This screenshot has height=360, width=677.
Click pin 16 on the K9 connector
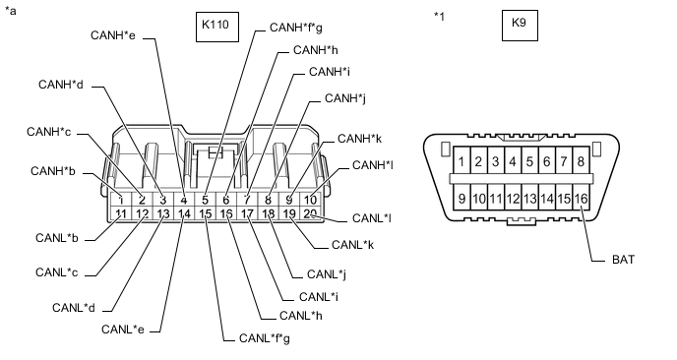582,199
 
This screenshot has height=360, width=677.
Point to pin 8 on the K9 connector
581,160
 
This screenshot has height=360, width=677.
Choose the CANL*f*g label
265,337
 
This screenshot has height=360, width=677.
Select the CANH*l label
373,164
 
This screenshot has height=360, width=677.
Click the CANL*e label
124,328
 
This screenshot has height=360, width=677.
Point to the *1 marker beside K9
440,17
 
